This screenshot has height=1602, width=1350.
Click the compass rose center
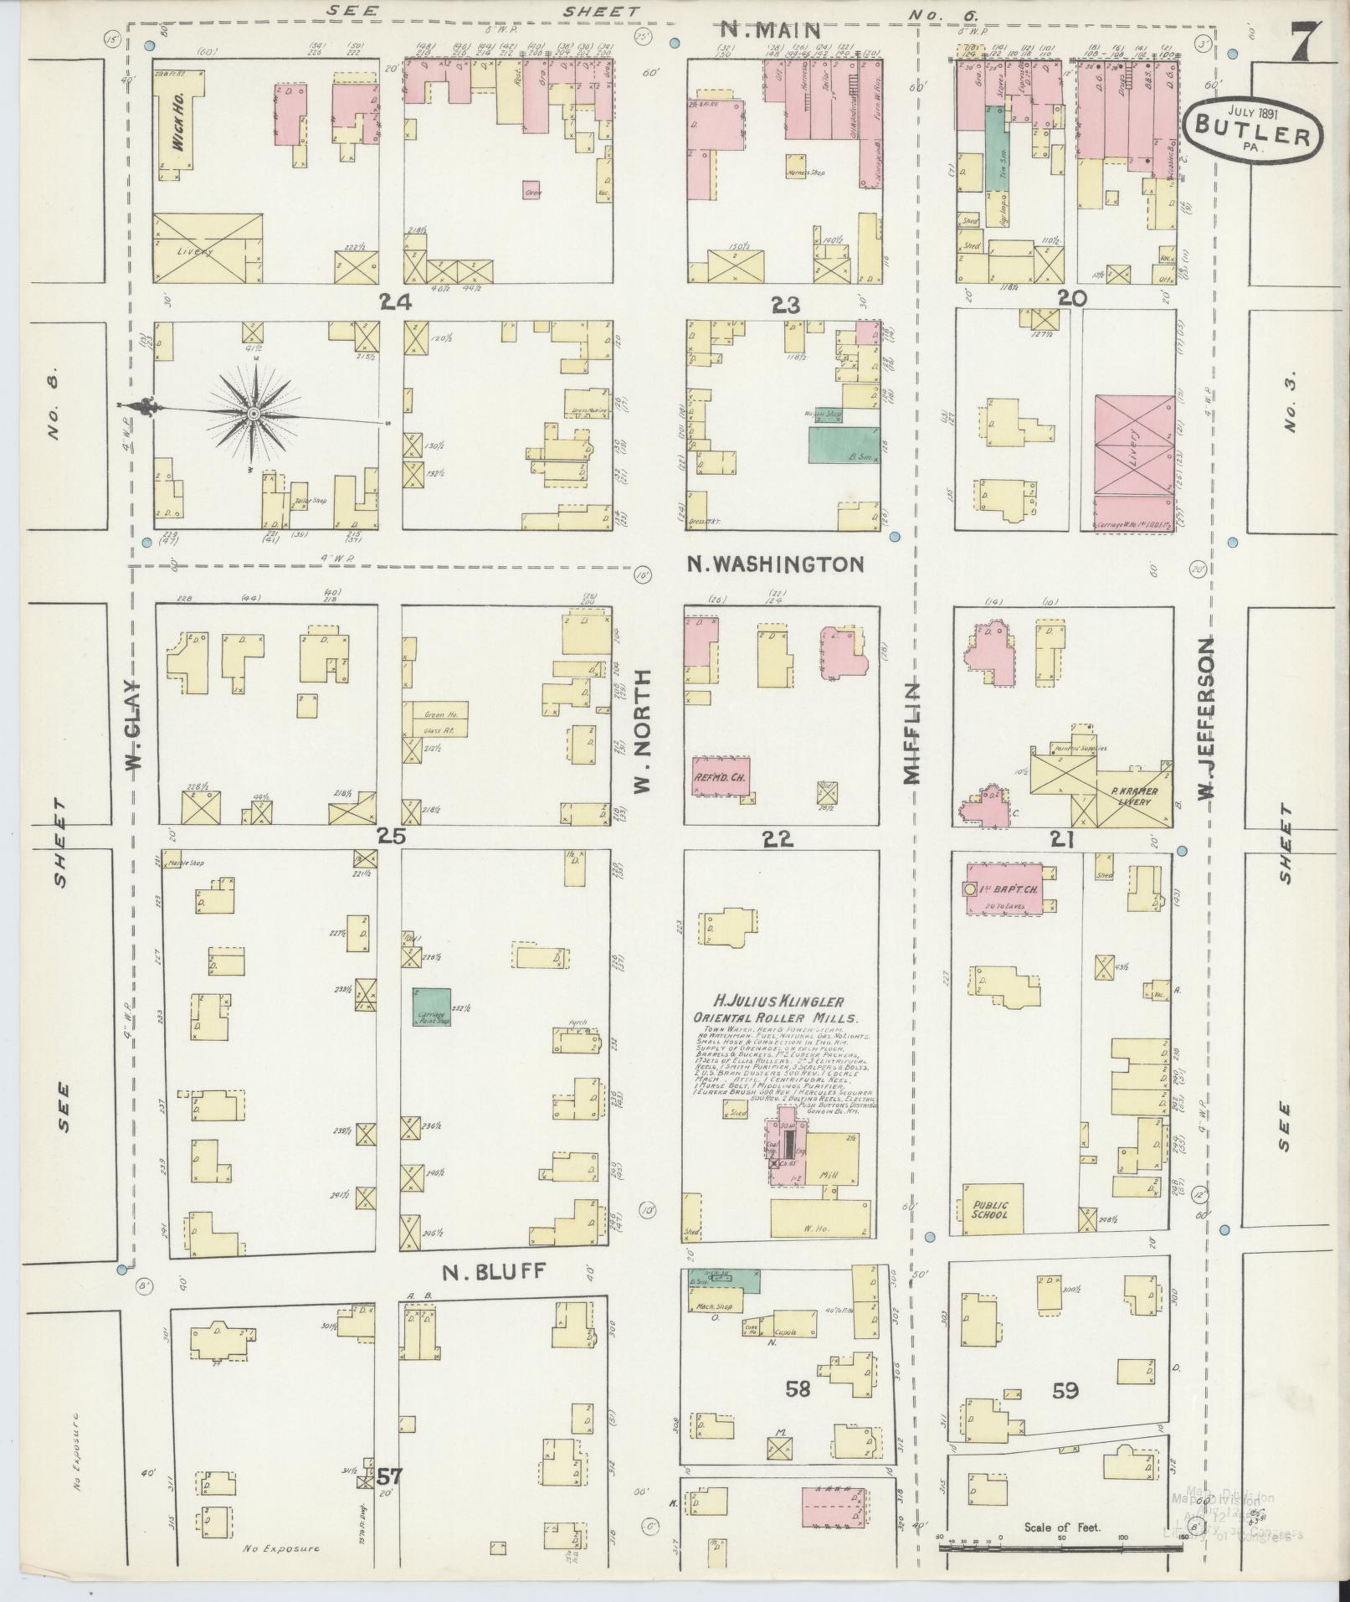pos(254,414)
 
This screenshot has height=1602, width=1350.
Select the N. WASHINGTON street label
pos(775,564)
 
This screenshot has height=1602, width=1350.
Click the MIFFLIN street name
pos(911,733)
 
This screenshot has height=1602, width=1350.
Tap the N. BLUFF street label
pos(494,1296)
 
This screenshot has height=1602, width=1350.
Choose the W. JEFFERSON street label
pos(1206,719)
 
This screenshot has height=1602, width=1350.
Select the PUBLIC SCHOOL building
pos(992,1210)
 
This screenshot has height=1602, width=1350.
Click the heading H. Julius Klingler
pos(778,1002)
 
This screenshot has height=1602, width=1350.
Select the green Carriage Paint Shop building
pos(432,1007)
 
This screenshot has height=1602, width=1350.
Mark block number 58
pos(798,1389)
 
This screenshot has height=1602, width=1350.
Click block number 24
pos(393,303)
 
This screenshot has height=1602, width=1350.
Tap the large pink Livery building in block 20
pos(1134,446)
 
